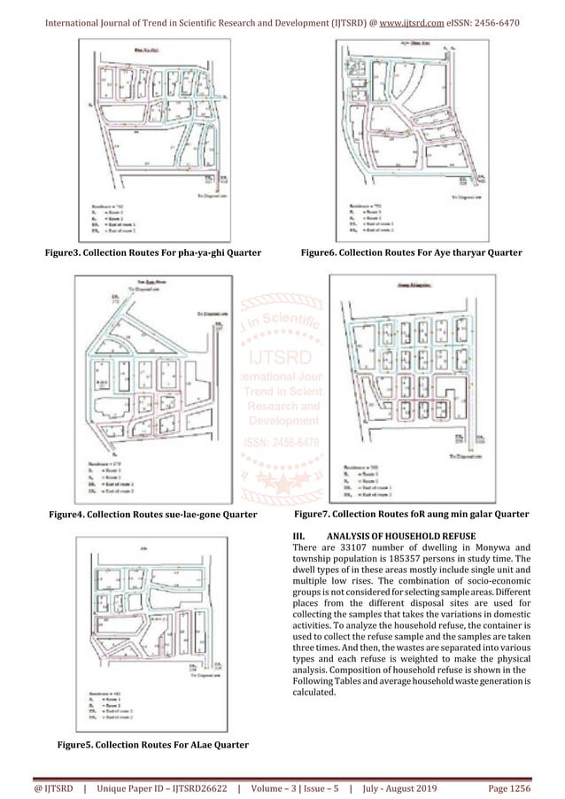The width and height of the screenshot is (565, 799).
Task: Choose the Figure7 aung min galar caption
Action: [x=411, y=514]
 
